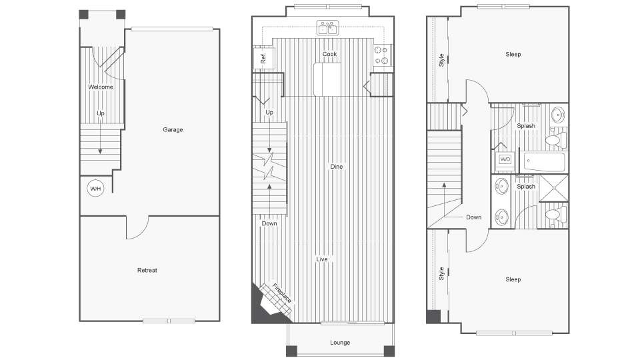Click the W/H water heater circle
[x=96, y=189]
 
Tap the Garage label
[x=173, y=129]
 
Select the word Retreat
[x=147, y=270]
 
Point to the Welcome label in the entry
[x=101, y=87]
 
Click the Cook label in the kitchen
[x=329, y=54]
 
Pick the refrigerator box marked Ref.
[x=262, y=59]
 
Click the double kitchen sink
[x=327, y=28]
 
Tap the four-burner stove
[x=383, y=55]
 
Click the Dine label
[x=337, y=166]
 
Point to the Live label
[x=322, y=259]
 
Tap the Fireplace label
[x=281, y=294]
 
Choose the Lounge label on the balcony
[x=340, y=343]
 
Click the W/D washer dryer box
[x=505, y=159]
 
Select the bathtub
[x=544, y=162]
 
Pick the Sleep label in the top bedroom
[x=513, y=54]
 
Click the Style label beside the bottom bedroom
[x=441, y=273]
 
